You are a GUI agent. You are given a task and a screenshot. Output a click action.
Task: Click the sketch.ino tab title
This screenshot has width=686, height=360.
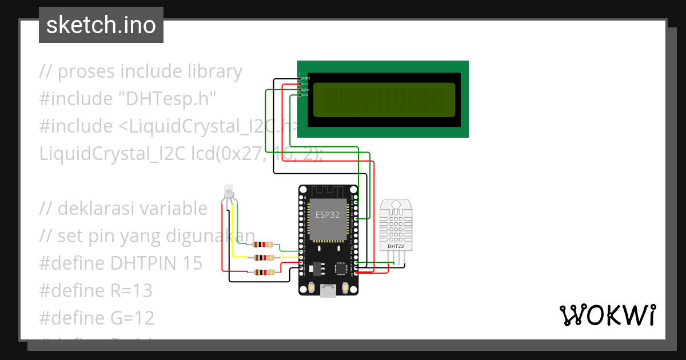(x=101, y=25)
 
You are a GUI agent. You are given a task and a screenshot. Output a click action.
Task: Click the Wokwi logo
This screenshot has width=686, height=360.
(x=607, y=315)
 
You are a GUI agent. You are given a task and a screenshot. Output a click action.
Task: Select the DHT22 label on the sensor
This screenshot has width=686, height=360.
(x=396, y=247)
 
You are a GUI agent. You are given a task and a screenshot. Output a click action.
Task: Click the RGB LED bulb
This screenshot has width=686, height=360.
(x=229, y=191)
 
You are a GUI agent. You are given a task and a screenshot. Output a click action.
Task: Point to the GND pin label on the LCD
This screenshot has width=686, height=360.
(x=305, y=78)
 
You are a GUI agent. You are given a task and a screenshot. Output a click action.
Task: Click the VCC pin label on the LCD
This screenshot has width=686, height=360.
(x=305, y=83)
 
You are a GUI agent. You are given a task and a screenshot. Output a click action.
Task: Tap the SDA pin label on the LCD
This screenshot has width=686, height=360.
(x=305, y=90)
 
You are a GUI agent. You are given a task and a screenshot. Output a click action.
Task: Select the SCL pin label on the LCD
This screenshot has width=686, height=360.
(x=305, y=95)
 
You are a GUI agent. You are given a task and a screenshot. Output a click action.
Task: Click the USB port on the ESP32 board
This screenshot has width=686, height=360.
(x=329, y=291)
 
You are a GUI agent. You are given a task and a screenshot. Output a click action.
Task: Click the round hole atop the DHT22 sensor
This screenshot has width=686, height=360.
(x=396, y=204)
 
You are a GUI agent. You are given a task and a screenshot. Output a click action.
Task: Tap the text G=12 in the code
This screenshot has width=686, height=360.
(x=132, y=318)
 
